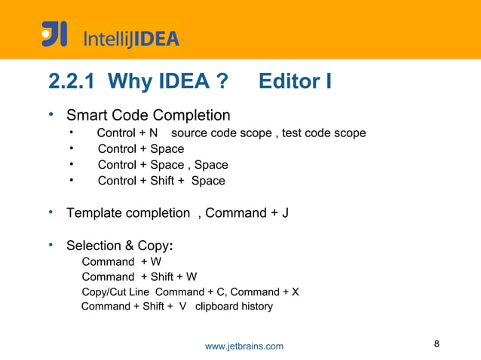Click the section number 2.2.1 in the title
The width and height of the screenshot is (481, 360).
[x=73, y=81]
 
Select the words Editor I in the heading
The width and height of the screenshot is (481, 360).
[x=295, y=81]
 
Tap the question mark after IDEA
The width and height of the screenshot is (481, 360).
[x=222, y=81]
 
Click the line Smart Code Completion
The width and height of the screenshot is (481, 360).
[x=149, y=115]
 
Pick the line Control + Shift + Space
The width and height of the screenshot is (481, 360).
[x=161, y=181]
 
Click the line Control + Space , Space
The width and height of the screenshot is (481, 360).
[x=163, y=165]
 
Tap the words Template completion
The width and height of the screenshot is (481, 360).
[x=128, y=213]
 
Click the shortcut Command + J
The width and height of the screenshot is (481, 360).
[x=247, y=213]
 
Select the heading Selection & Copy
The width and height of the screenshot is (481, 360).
[x=121, y=246]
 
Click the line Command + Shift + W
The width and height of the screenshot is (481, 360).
[x=139, y=276]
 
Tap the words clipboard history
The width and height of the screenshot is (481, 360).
[x=234, y=307]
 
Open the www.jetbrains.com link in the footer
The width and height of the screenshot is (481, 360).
[x=244, y=346]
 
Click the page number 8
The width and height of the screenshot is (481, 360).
[x=437, y=344]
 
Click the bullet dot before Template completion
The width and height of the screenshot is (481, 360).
[x=51, y=212]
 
